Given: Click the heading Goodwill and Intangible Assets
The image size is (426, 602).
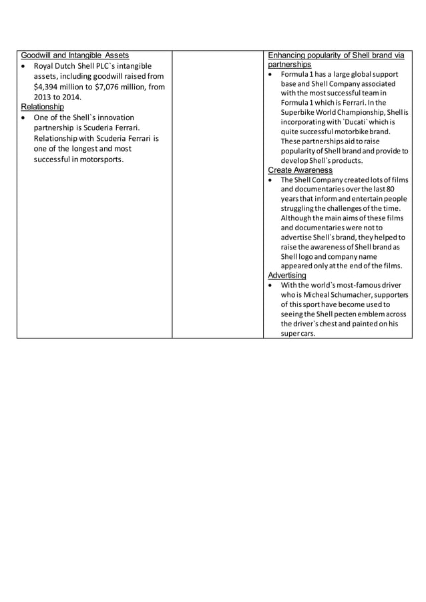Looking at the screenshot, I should click(75, 55).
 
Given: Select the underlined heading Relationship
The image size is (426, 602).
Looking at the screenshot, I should click(42, 107).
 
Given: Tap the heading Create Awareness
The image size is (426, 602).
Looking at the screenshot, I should click(300, 170).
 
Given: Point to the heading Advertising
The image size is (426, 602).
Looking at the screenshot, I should click(287, 275).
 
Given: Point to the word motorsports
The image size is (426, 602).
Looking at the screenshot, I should click(98, 160).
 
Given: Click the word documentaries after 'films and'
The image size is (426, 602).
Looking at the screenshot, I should click(314, 190).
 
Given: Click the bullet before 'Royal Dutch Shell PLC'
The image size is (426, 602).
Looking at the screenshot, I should click(24, 66).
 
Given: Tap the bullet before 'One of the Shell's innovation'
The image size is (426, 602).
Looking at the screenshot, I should click(24, 117).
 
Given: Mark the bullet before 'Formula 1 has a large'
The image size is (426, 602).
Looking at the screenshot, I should click(270, 75).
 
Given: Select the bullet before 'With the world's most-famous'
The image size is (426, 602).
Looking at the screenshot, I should click(270, 285).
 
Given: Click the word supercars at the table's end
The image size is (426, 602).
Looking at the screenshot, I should click(298, 333).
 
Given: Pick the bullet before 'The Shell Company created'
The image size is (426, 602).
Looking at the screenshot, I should click(270, 180).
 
